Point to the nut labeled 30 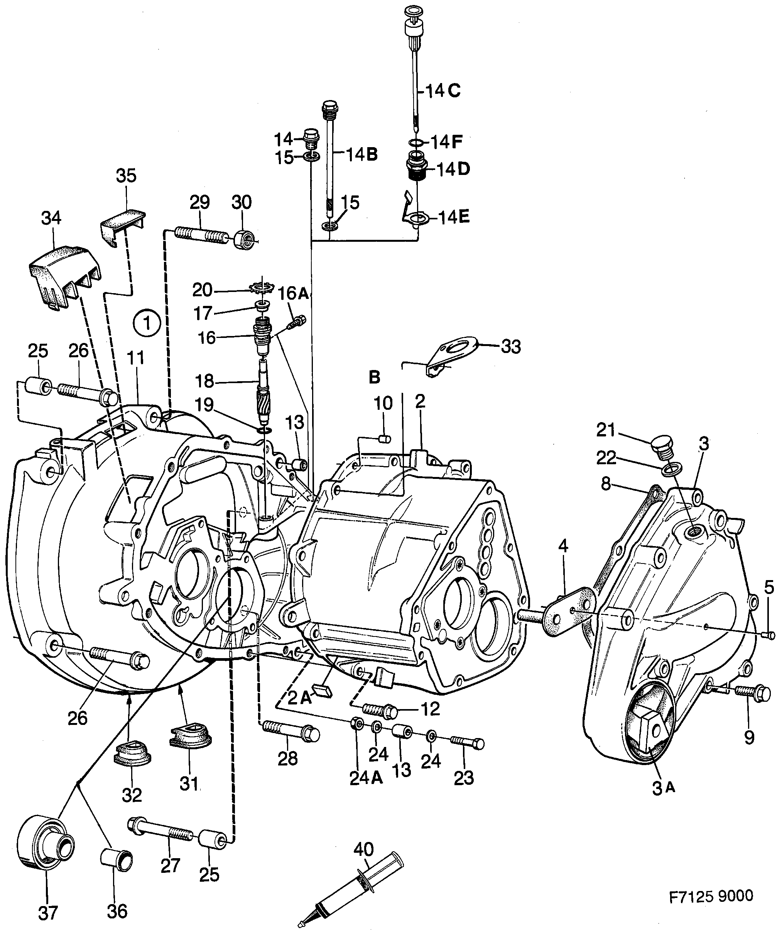point(243,240)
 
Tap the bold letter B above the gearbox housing point(375,378)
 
